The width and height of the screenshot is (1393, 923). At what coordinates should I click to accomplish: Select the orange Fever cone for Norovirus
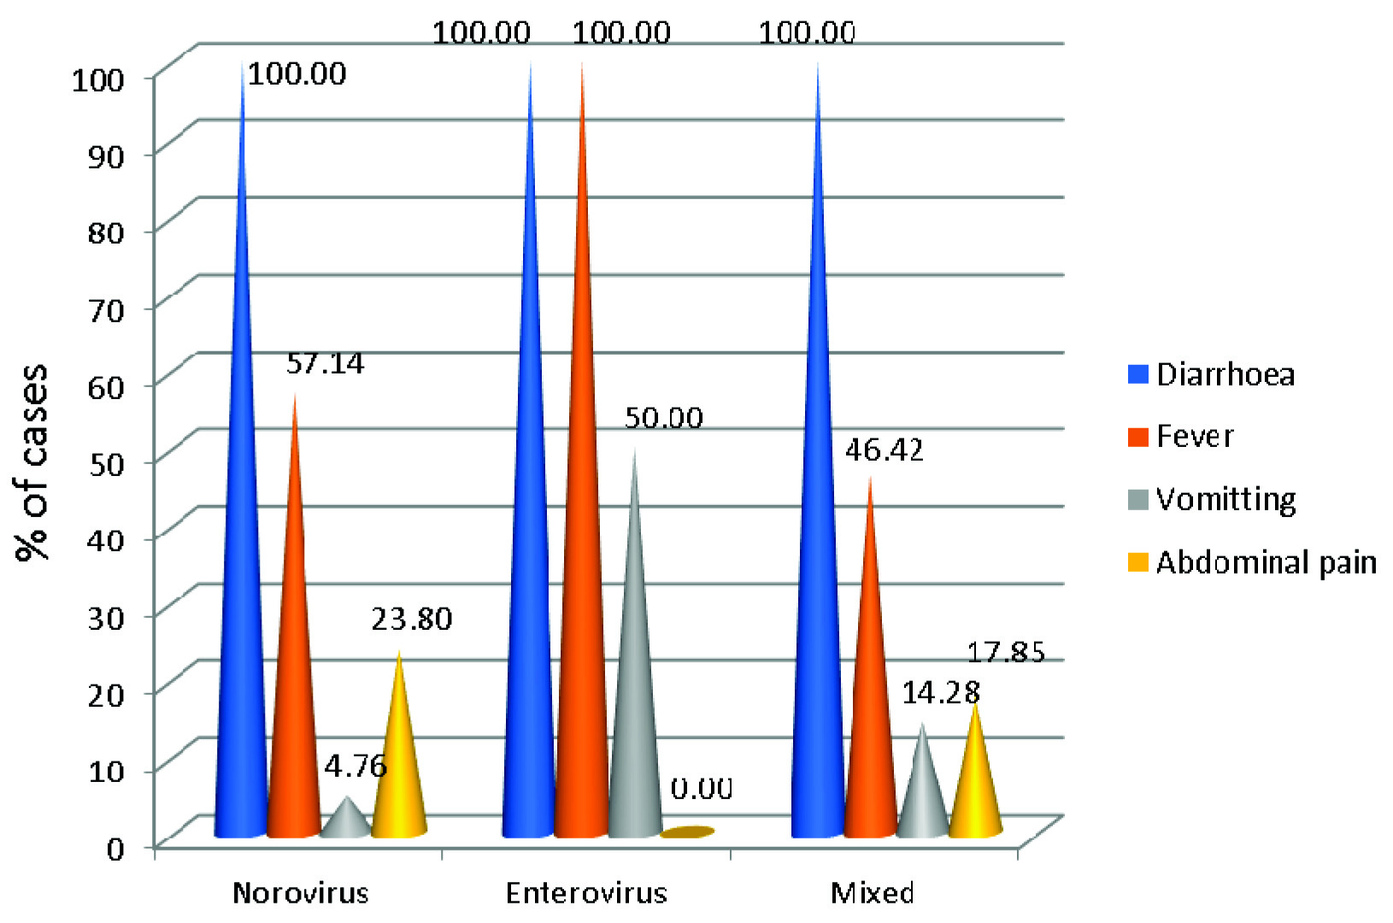(293, 684)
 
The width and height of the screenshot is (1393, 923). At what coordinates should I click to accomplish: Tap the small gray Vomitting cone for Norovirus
(345, 820)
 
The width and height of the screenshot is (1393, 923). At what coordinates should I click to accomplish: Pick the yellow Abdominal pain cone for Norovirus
(398, 769)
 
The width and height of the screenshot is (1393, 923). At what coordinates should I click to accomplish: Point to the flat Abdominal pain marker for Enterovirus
(687, 832)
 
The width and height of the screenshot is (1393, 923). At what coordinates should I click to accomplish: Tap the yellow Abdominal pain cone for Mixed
(975, 786)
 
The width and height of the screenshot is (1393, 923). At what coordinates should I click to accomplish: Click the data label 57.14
(325, 364)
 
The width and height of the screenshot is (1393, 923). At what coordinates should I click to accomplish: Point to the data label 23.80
(411, 619)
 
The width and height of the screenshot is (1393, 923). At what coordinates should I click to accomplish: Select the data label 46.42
(884, 450)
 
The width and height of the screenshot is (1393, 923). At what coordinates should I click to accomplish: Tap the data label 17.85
(1006, 653)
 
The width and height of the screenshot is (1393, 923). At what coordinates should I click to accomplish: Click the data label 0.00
(701, 788)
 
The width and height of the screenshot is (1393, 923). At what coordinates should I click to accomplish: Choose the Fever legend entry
(1194, 437)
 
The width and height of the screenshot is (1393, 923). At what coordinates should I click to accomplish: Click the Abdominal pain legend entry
(1266, 563)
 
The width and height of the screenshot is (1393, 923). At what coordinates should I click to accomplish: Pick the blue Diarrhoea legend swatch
(1137, 374)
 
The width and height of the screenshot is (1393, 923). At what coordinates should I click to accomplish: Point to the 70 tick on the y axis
(106, 309)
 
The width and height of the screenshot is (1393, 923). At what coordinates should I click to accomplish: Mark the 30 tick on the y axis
(106, 617)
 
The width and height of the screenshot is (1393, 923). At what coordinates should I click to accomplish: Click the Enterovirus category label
(586, 894)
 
